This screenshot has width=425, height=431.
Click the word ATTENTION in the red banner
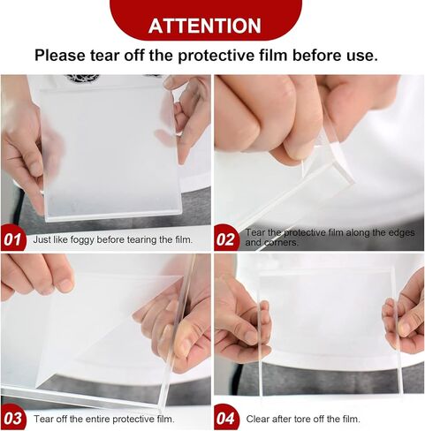coord(205,26)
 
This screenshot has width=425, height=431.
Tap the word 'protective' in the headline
coord(216,56)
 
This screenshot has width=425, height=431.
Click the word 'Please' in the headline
coord(60,56)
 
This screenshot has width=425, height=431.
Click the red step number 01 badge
coord(13,239)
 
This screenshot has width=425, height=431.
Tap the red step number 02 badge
coord(226,239)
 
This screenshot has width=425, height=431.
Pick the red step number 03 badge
coord(13,419)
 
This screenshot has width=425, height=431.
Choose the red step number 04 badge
coord(226,419)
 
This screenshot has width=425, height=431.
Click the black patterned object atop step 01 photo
coord(82,78)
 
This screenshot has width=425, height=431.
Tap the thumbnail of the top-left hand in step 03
coord(65,284)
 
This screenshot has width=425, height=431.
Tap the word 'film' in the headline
coord(273,56)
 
